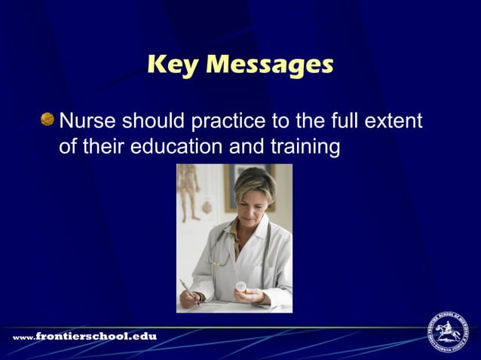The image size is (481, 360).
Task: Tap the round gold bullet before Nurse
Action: coord(48,120)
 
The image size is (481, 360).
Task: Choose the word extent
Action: coord(395,121)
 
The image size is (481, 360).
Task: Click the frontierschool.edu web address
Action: coord(84,336)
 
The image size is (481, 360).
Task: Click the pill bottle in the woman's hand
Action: coord(241,288)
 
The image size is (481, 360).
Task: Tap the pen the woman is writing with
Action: coord(188,288)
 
